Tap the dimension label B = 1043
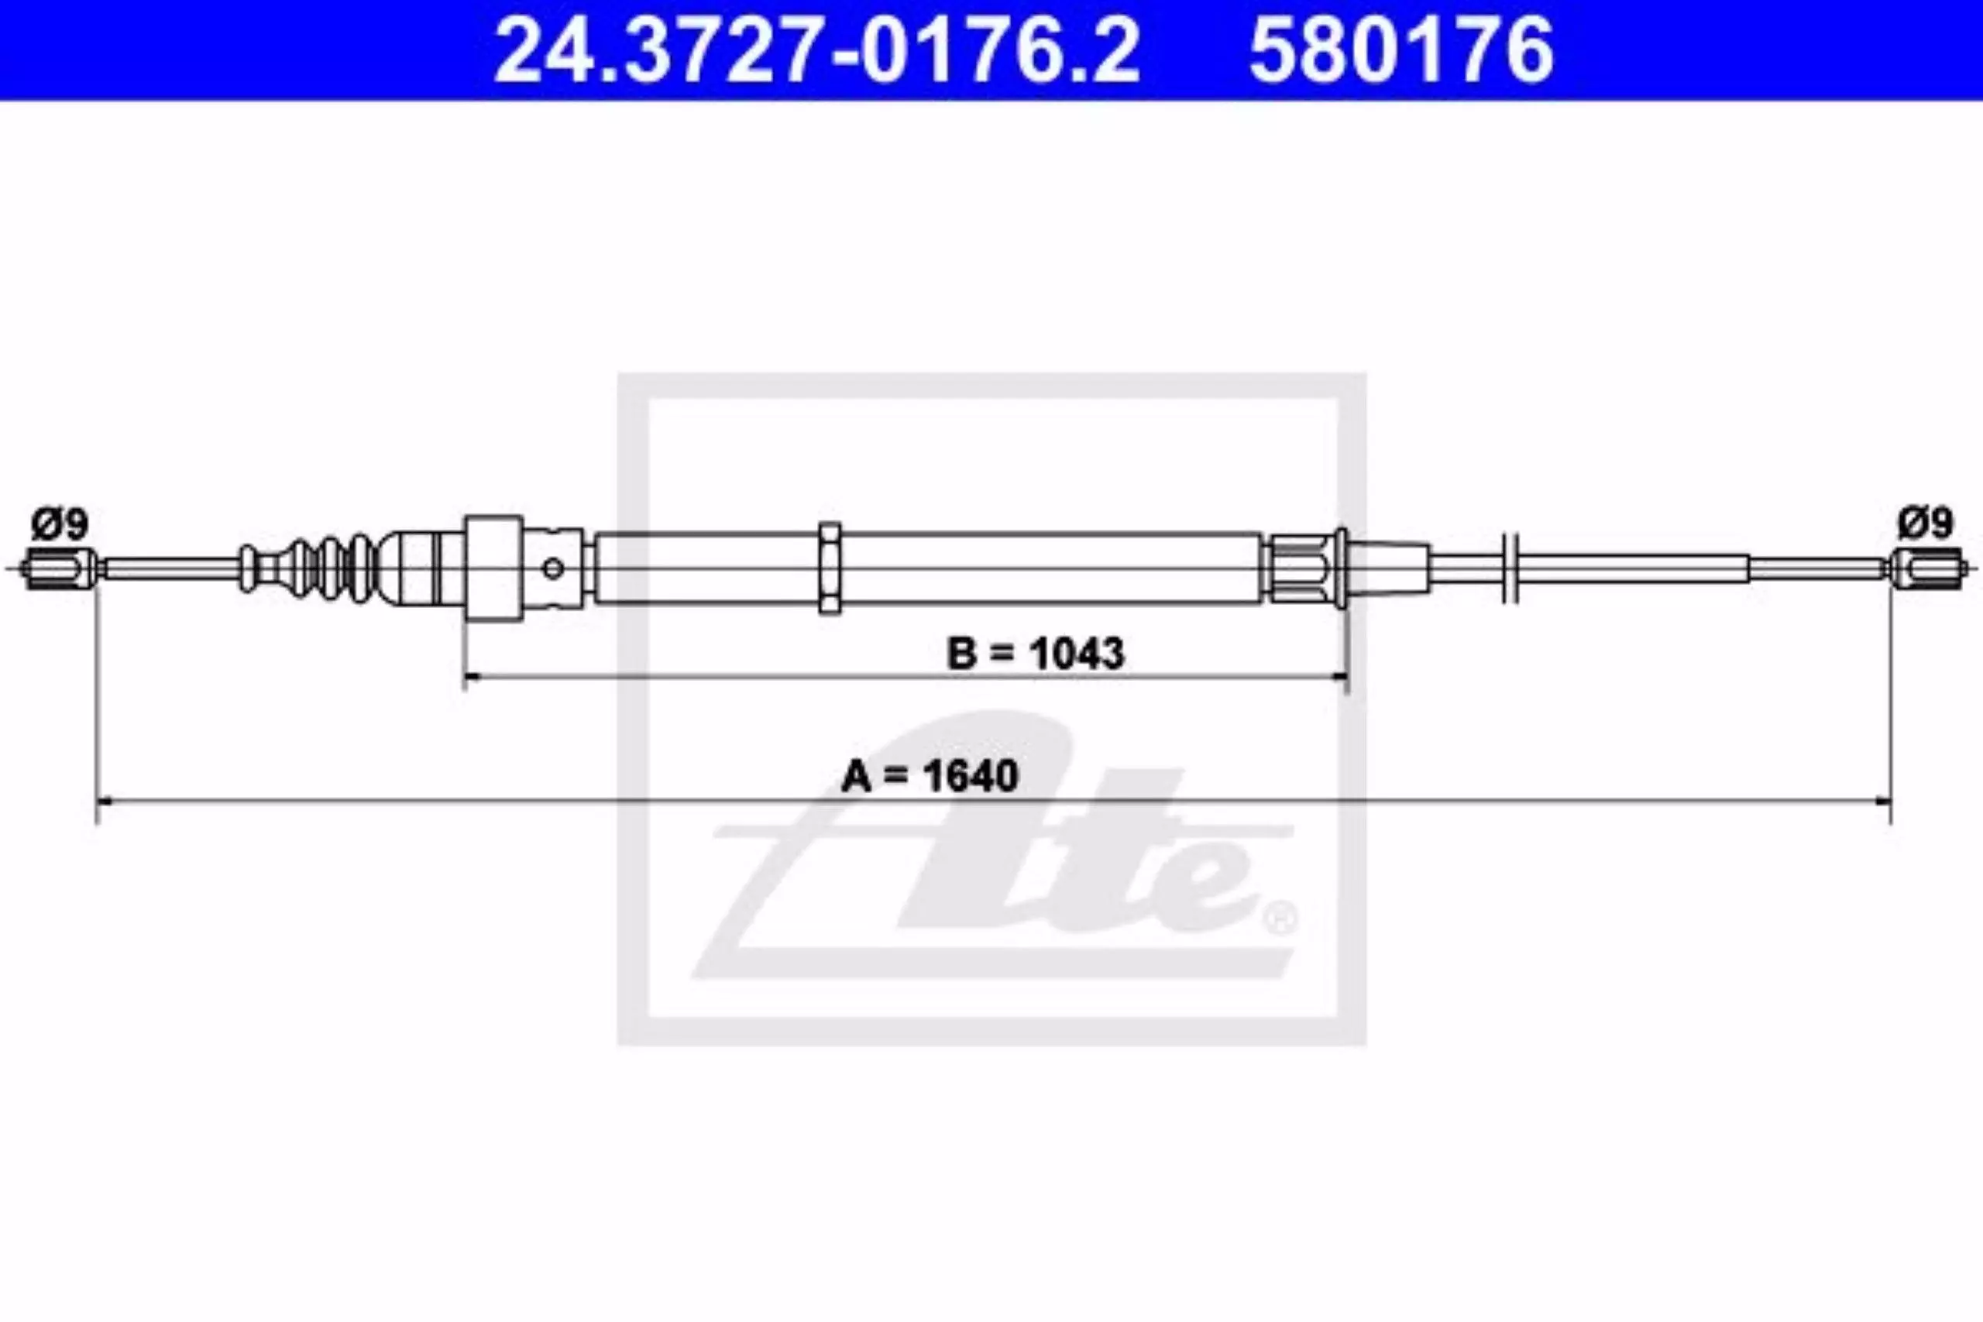click(x=1036, y=654)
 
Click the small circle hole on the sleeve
click(x=553, y=568)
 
